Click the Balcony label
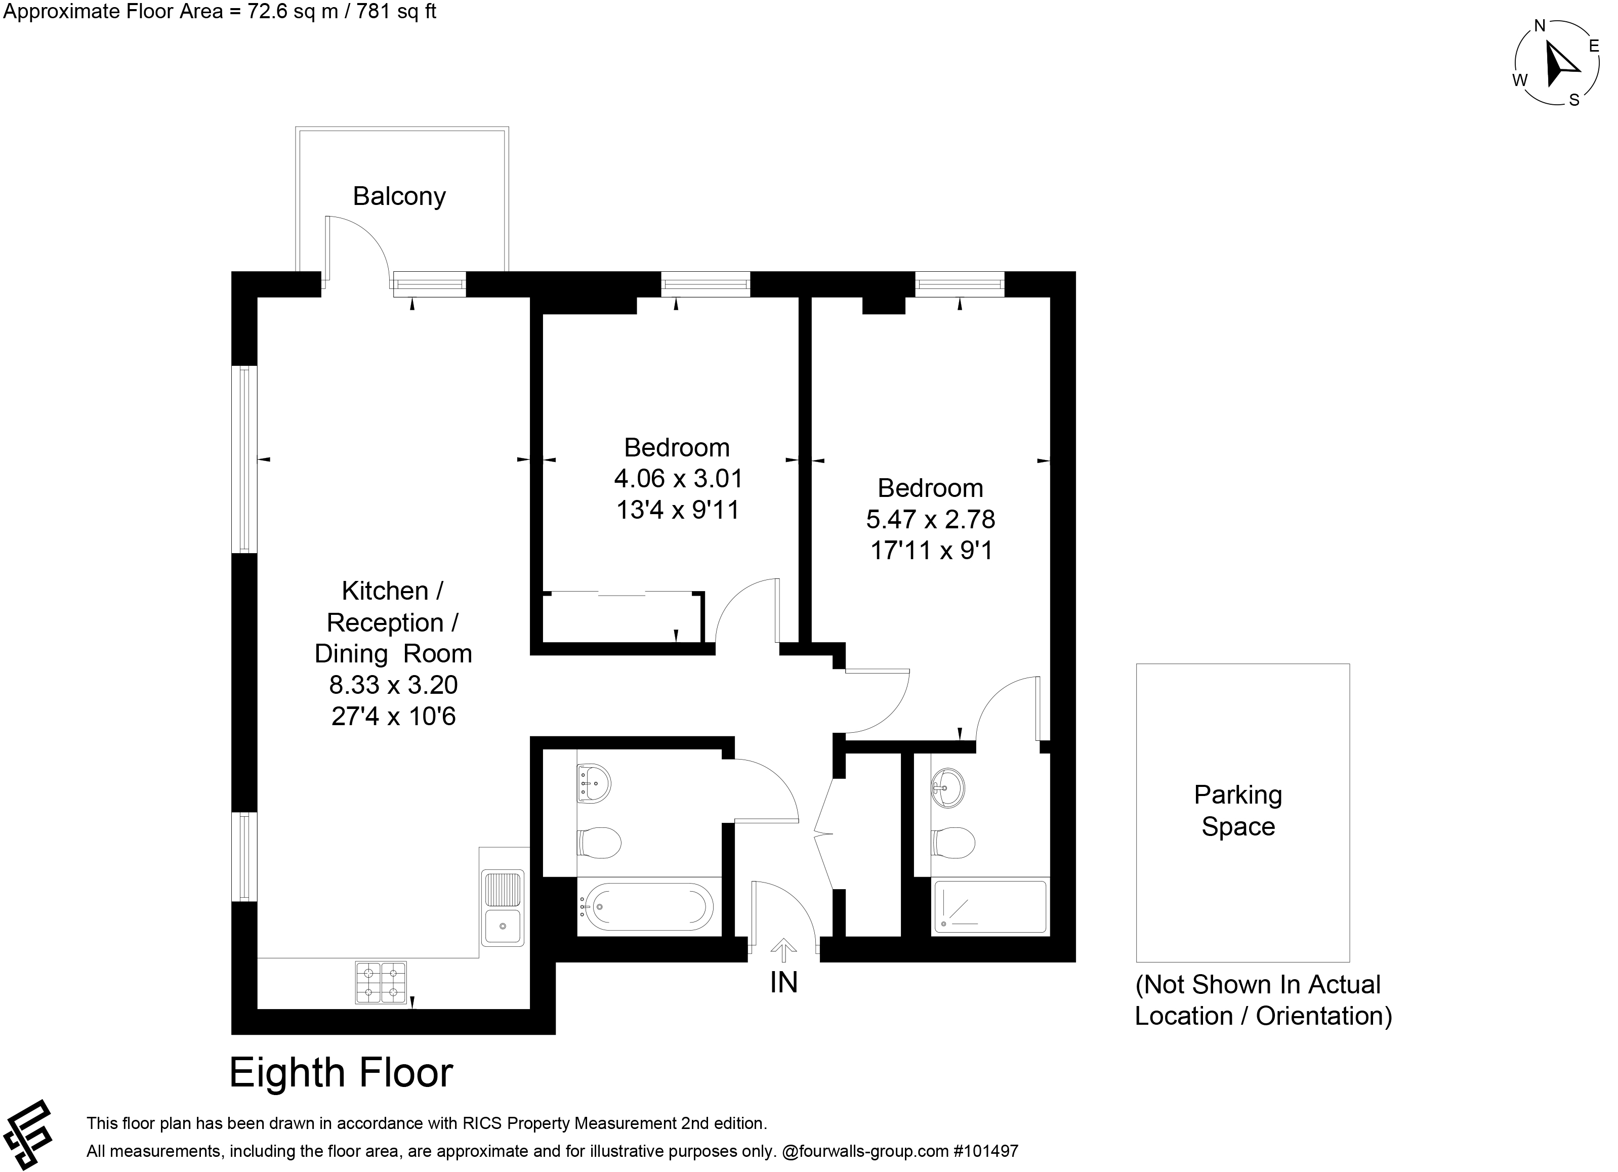pos(399,196)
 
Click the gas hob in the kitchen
pos(381,982)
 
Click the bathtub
pos(645,907)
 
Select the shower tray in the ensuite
pos(989,907)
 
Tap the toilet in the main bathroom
pos(598,843)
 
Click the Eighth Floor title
pos(341,1072)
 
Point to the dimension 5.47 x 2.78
pos(930,519)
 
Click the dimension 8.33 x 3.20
pos(393,684)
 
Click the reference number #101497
pos(986,1151)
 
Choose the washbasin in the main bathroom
pos(594,783)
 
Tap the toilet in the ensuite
pos(952,843)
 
